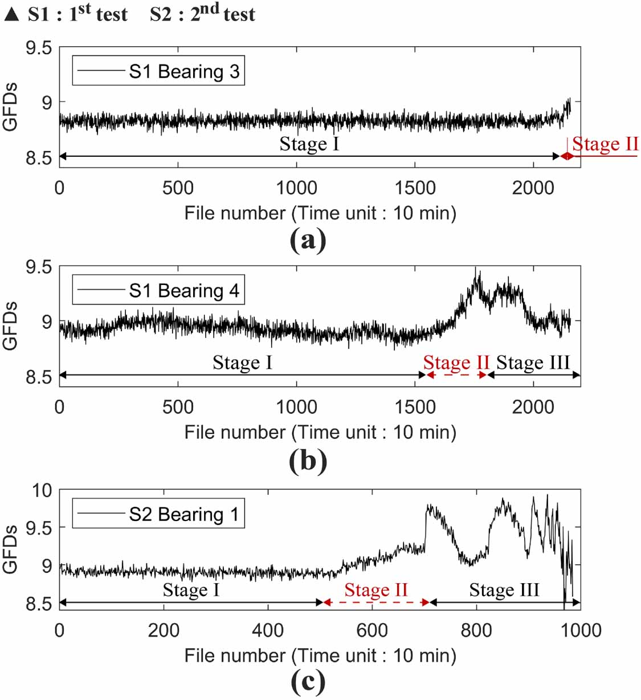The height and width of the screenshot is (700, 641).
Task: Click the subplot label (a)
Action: [x=308, y=239]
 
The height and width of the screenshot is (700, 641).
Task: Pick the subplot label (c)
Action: [x=308, y=681]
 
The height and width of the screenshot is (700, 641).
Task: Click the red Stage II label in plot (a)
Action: [x=605, y=144]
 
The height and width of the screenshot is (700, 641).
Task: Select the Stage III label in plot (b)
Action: [x=533, y=363]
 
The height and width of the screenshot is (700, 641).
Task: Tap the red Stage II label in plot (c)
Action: [x=376, y=590]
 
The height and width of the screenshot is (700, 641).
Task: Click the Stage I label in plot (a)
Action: [x=309, y=144]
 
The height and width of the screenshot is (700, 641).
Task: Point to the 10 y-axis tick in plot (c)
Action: [x=42, y=490]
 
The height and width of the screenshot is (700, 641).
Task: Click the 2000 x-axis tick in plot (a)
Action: [x=533, y=188]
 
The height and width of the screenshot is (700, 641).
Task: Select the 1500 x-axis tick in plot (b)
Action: [x=415, y=407]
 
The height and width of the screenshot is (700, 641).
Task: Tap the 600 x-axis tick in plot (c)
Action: [x=372, y=630]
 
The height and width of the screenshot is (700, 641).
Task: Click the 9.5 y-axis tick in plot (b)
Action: [x=38, y=267]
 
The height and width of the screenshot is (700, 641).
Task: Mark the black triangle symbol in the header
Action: [x=11, y=14]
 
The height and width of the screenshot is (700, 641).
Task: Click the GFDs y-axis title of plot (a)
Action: [x=10, y=107]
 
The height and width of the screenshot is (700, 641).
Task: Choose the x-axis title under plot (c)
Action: [x=320, y=656]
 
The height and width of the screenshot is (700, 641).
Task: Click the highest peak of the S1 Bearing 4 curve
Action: [x=476, y=270]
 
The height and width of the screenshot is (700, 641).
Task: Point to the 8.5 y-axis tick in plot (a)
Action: [x=38, y=157]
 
